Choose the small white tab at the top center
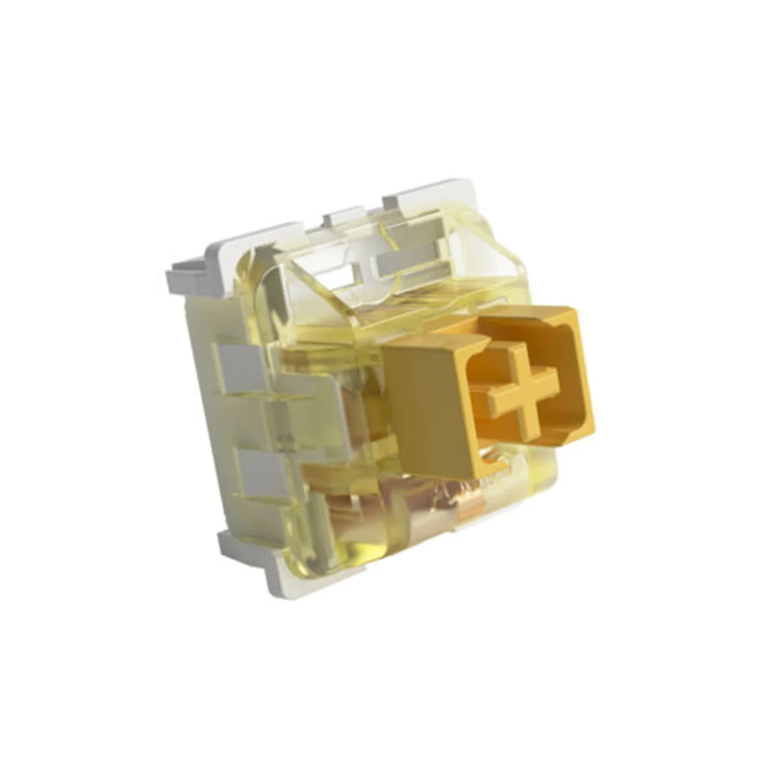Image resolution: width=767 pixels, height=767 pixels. (343, 217)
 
